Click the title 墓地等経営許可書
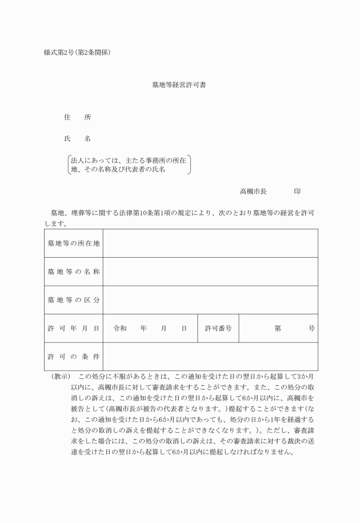tap(179, 85)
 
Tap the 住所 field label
tap(77, 117)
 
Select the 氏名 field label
tap(77, 139)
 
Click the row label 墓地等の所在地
tap(74, 243)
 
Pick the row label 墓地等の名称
tap(74, 272)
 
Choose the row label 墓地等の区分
tap(74, 300)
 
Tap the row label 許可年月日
tap(74, 328)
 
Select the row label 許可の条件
tap(74, 357)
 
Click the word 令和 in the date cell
tap(120, 328)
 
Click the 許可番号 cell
tap(218, 328)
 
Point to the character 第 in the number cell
tap(278, 328)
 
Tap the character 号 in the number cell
tap(311, 328)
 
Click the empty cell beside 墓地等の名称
tap(210, 272)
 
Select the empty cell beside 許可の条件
tap(210, 357)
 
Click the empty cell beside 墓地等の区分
tap(210, 300)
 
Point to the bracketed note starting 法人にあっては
tap(129, 165)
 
